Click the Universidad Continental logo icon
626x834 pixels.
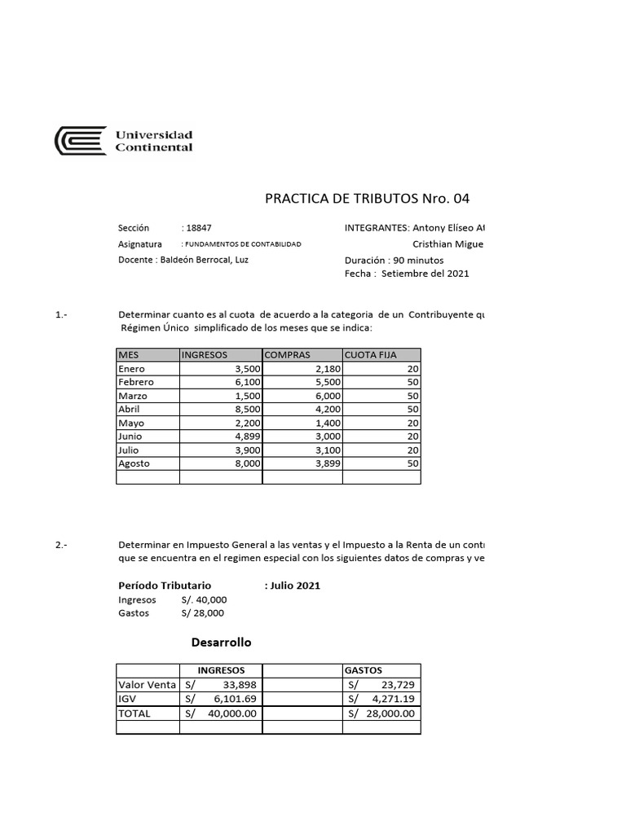80,140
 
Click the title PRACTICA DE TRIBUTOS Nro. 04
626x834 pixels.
368,199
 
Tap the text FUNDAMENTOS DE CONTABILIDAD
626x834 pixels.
242,244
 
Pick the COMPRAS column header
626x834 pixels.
288,355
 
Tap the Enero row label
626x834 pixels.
132,369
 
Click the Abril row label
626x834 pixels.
130,409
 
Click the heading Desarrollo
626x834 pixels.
221,642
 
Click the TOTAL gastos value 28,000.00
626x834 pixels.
388,713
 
